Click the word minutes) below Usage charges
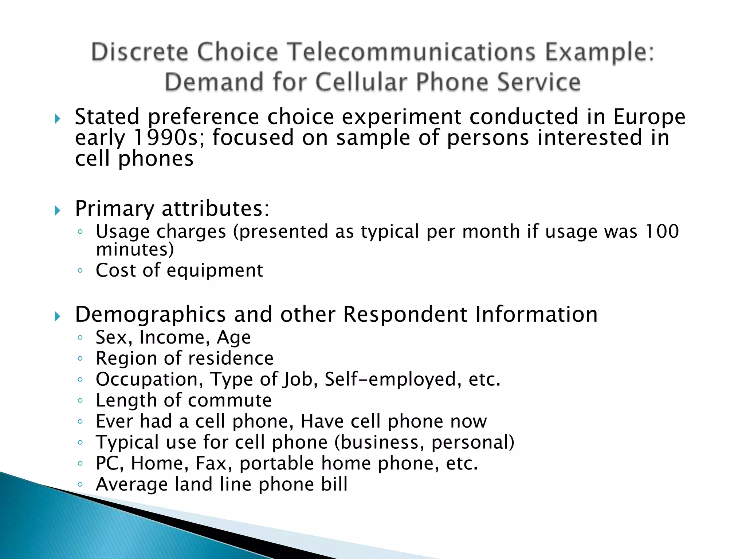click(135, 250)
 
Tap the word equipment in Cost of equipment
click(215, 270)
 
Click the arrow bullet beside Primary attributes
click(57, 210)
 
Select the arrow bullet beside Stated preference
click(57, 119)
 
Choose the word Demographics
click(150, 314)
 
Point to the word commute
click(230, 401)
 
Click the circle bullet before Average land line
click(81, 484)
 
